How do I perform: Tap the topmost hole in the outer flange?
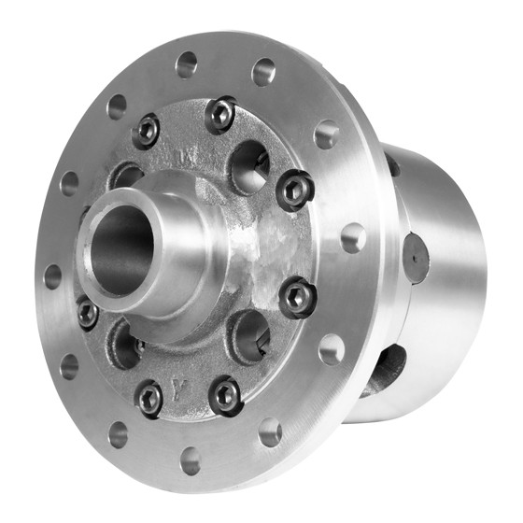click(x=187, y=64)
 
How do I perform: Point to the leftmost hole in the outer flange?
click(x=51, y=276)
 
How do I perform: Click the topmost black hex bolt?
click(x=220, y=114)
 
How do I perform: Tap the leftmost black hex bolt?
click(x=87, y=313)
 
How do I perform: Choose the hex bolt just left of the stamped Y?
click(x=149, y=398)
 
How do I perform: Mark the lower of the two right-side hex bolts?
click(x=298, y=298)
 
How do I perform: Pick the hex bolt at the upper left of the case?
click(x=146, y=130)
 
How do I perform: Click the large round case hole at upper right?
click(x=249, y=166)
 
